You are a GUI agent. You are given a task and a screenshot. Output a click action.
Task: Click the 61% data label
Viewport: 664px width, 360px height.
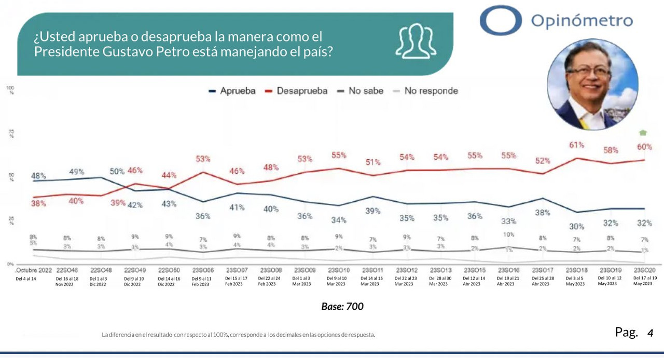pos(576,145)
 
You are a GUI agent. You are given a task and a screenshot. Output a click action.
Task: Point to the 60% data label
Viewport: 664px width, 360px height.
pos(644,147)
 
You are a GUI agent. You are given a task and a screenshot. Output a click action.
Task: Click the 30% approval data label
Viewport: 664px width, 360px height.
pos(576,226)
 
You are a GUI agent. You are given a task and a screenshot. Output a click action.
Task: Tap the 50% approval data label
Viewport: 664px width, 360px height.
pos(117,171)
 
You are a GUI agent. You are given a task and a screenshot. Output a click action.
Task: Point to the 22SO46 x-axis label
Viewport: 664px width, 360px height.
pos(67,270)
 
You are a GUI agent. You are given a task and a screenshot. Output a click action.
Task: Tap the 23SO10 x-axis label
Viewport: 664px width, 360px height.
pos(338,270)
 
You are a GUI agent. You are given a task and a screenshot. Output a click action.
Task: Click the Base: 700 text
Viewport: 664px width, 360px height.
pos(342,307)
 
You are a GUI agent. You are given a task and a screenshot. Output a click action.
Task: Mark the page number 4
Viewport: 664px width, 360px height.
pos(650,333)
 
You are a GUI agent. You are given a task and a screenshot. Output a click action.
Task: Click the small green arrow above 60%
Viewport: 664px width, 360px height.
pos(643,132)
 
